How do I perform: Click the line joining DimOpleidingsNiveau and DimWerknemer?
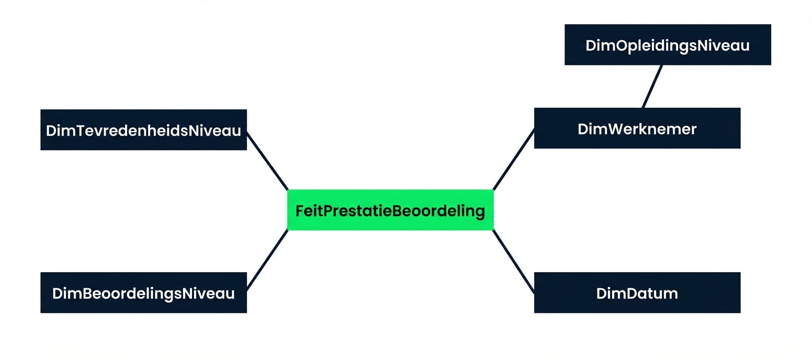(652, 86)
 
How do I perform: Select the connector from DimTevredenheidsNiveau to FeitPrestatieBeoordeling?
(267, 161)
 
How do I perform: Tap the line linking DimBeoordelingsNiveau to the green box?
(267, 260)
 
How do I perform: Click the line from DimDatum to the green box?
(513, 261)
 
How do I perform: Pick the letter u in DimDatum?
(657, 294)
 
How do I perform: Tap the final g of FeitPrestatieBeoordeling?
(479, 212)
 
